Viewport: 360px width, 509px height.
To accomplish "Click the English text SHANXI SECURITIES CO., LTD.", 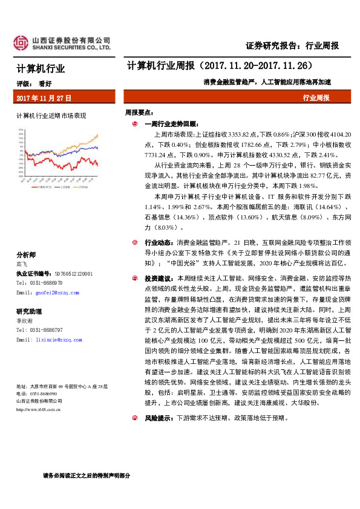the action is coord(71,47).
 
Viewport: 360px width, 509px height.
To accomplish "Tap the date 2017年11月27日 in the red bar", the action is coord(44,97).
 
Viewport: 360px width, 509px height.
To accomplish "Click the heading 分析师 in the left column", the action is coord(26,254).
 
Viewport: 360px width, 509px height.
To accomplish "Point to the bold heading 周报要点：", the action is coord(139,112).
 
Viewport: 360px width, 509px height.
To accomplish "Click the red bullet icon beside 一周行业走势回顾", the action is coord(134,123).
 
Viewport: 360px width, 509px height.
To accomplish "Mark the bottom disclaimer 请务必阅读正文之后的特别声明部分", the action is coord(87,475).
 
